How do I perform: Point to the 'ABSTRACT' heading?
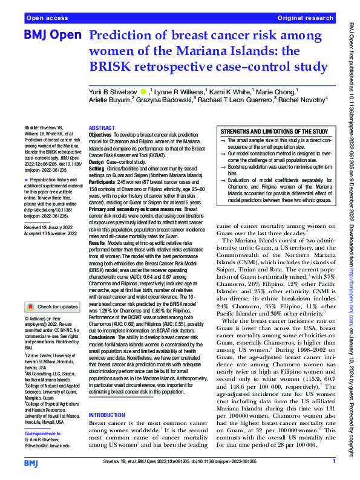[101, 128]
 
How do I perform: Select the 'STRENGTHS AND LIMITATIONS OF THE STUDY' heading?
[274, 131]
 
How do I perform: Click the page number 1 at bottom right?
[333, 461]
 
